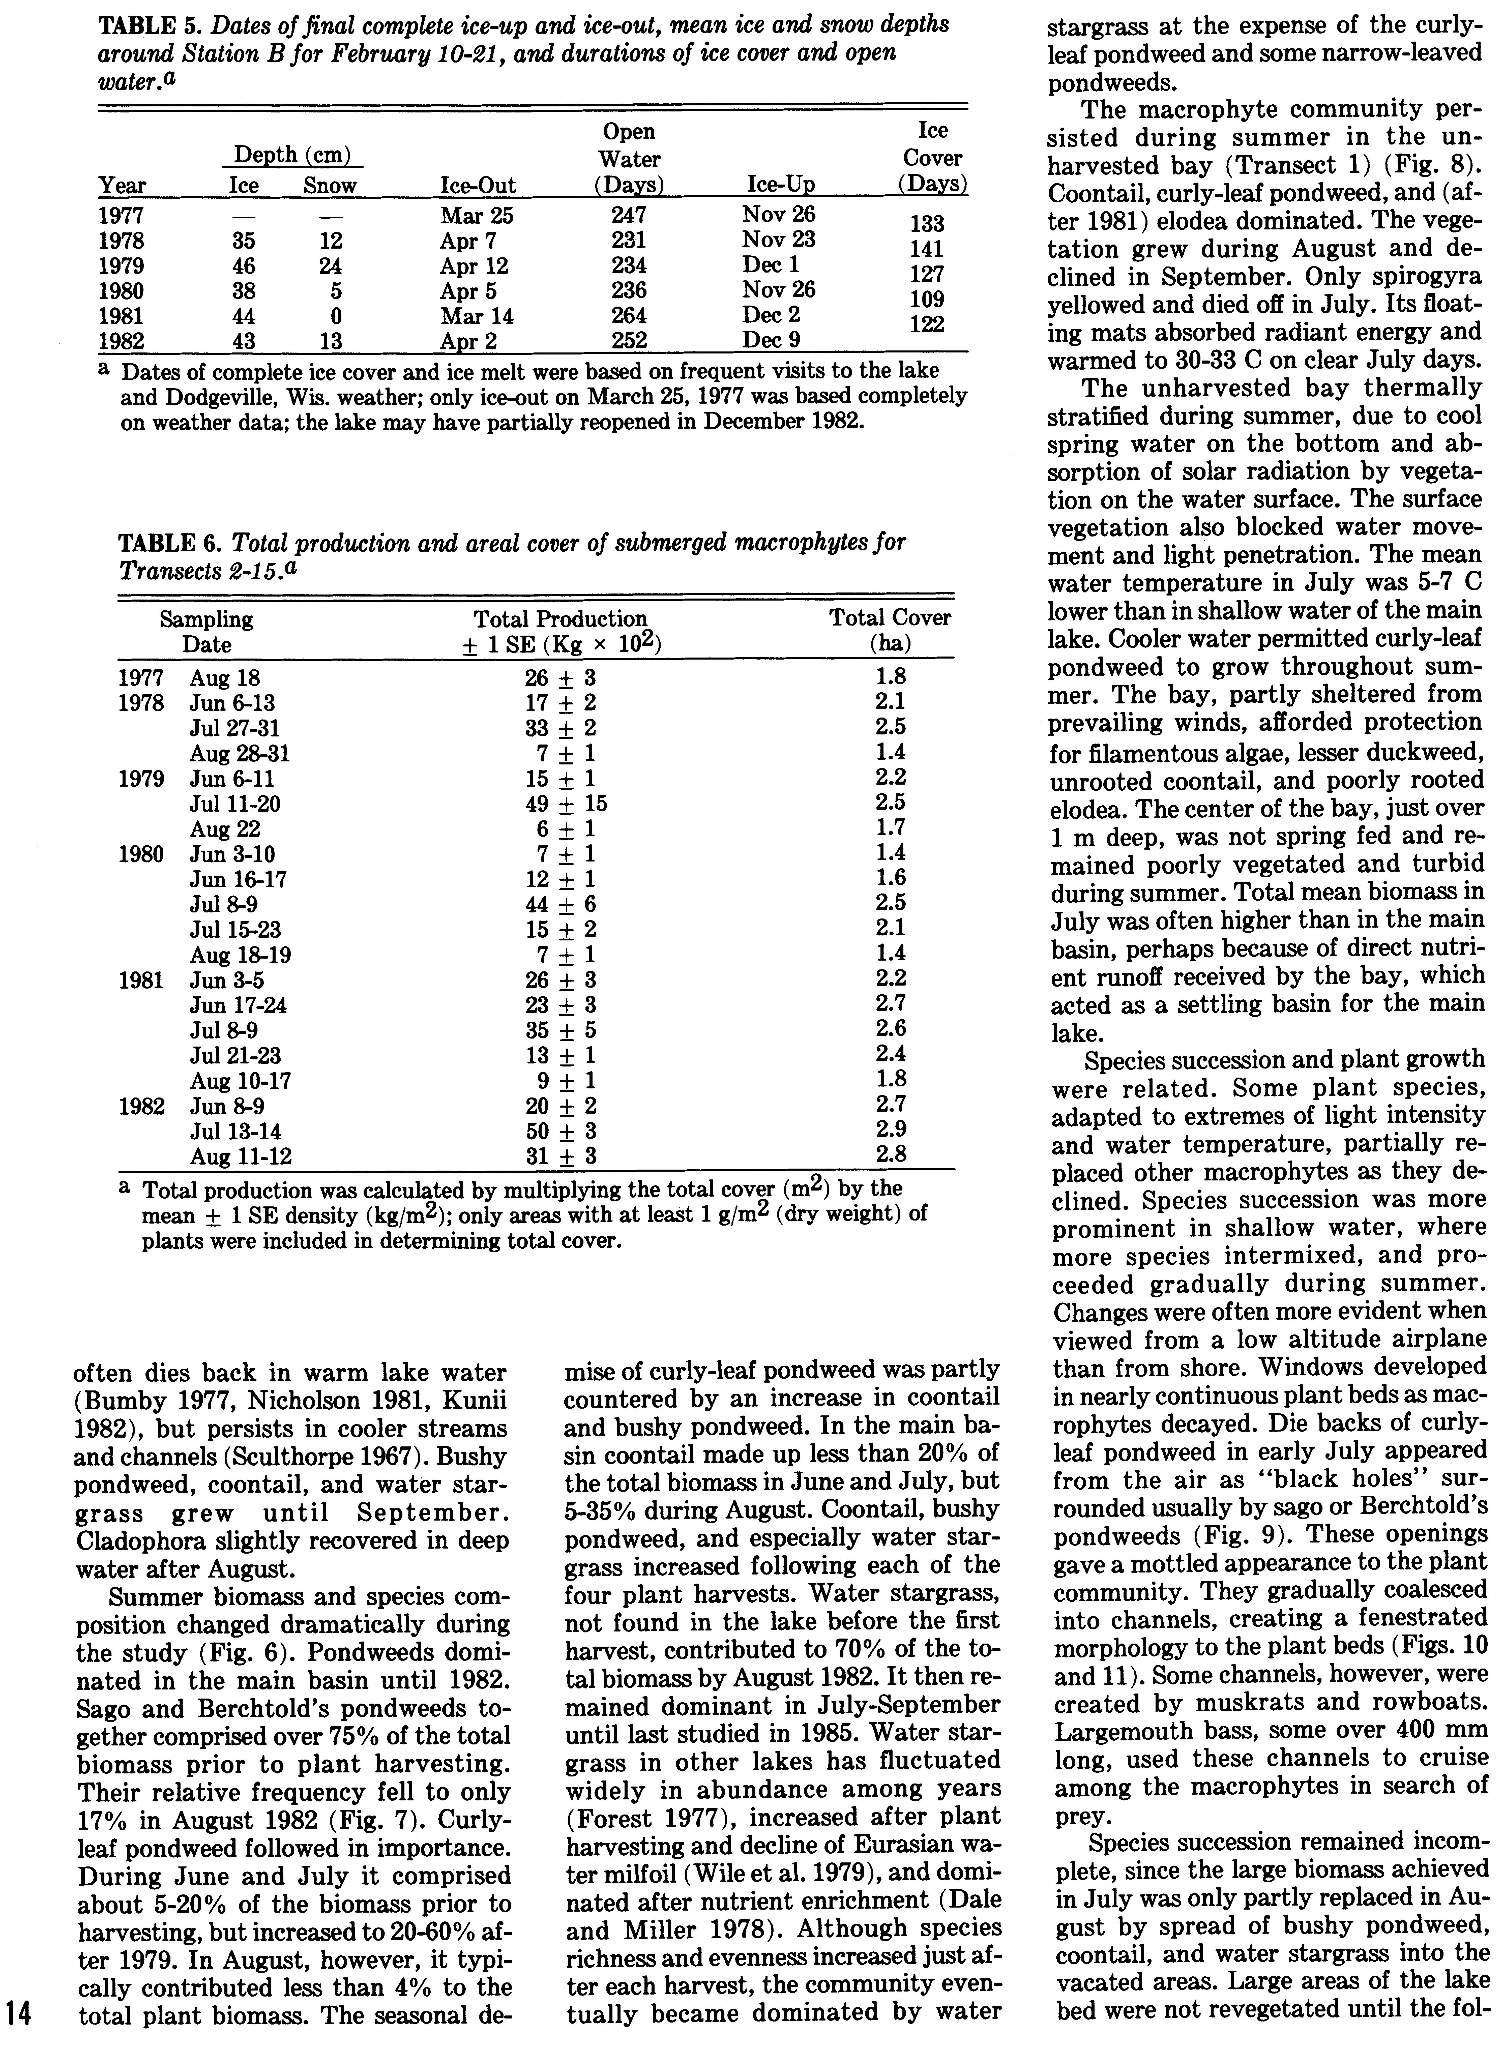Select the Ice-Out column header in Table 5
[478, 187]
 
